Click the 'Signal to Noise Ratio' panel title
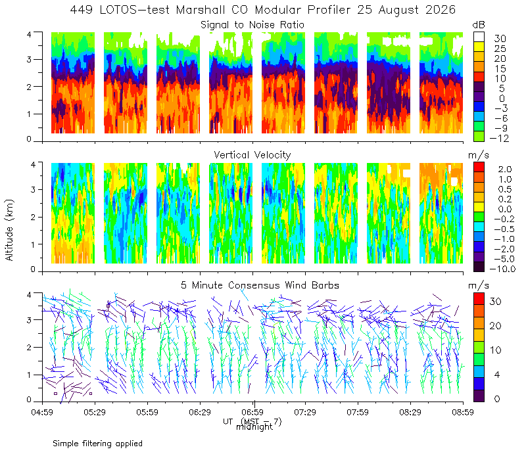pos(252,25)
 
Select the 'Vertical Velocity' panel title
pos(252,155)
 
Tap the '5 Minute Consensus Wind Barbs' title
pos(260,285)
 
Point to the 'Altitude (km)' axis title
pos(9,230)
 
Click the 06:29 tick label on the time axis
pos(200,412)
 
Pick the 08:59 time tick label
pos(463,412)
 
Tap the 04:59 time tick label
pos(42,412)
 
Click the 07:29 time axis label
pos(305,412)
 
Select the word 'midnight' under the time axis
pos(254,427)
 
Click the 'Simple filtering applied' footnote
pos(97,444)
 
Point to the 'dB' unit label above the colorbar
pos(479,25)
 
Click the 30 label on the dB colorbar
pos(500,39)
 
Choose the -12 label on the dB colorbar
pos(499,138)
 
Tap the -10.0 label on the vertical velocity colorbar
pos(502,269)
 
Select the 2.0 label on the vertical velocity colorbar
pos(505,170)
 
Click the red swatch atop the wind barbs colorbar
pos(479,299)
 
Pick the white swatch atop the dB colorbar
pos(479,37)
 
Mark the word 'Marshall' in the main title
pos(201,10)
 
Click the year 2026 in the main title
pos(441,10)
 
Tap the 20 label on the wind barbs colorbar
pos(496,325)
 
